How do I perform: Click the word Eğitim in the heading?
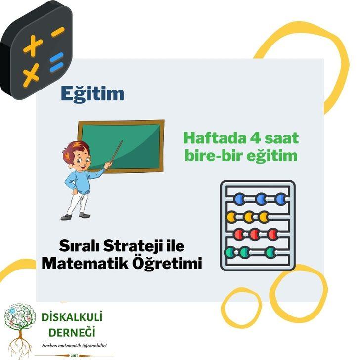pyautogui.click(x=92, y=93)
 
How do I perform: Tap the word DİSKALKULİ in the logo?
pyautogui.click(x=69, y=317)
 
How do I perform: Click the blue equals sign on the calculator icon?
pyautogui.click(x=56, y=63)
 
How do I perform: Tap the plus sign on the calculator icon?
pyautogui.click(x=33, y=46)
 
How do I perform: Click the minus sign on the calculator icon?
pyautogui.click(x=58, y=31)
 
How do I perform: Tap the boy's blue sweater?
pyautogui.click(x=83, y=180)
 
